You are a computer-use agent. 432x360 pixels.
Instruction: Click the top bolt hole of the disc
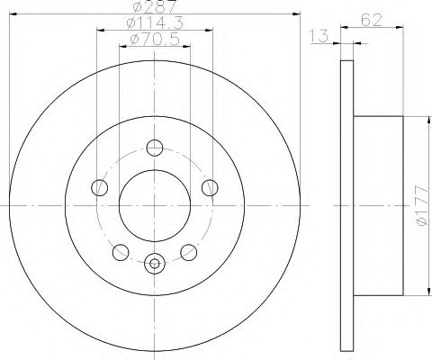[155, 148]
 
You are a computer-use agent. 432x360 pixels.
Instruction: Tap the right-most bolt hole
[211, 187]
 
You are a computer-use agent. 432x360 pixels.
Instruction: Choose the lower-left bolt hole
[120, 253]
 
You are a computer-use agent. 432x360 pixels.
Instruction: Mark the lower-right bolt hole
[189, 253]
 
